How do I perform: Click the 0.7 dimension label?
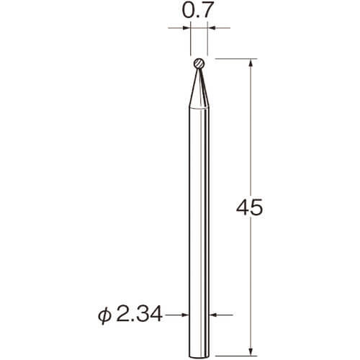pyautogui.click(x=198, y=12)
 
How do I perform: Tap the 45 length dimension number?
pyautogui.click(x=250, y=208)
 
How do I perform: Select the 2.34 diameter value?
pyautogui.click(x=140, y=315)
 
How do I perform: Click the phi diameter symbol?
pyautogui.click(x=104, y=316)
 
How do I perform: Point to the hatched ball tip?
pyautogui.click(x=199, y=63)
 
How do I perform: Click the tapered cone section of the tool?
pyautogui.click(x=199, y=89)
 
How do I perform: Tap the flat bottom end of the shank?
pyautogui.click(x=199, y=356)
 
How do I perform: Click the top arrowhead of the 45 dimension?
pyautogui.click(x=251, y=62)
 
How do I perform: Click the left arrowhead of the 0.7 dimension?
pyautogui.click(x=186, y=28)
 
